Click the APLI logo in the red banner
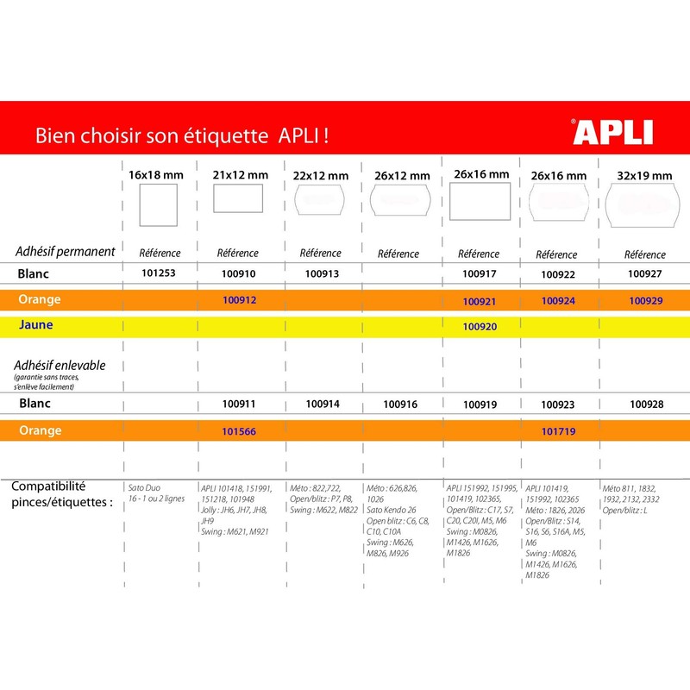point(613,132)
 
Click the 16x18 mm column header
point(156,175)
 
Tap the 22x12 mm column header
point(320,175)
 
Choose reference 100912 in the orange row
point(240,299)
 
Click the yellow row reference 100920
point(480,327)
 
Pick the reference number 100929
point(646,301)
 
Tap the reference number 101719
point(558,430)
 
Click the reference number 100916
point(400,404)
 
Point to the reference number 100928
point(647,404)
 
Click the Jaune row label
point(36,325)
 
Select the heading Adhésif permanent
point(66,252)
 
